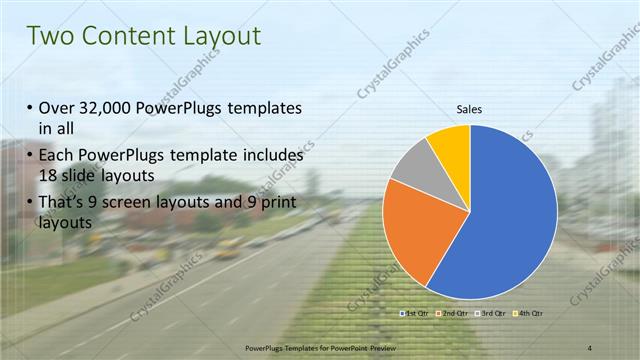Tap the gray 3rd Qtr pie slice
click(x=411, y=164)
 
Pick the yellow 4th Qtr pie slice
click(x=452, y=144)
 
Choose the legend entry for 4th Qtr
click(x=530, y=314)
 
